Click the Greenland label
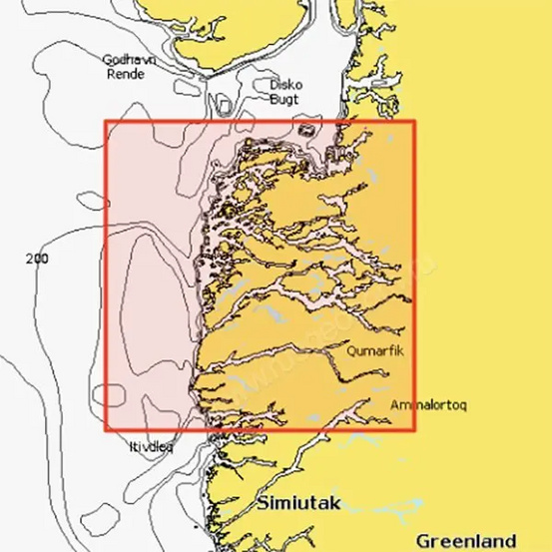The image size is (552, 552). pos(467,539)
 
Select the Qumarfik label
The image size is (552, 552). pos(374,351)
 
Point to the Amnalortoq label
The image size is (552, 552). pos(428,405)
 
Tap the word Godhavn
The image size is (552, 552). pos(128,59)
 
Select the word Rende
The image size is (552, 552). pos(128,73)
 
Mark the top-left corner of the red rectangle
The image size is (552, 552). pos(106,123)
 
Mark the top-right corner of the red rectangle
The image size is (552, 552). pos(414,123)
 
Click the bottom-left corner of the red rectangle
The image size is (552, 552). pos(106,431)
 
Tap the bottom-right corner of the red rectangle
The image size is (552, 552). pos(414,431)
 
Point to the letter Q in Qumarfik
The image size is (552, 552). pos(351,351)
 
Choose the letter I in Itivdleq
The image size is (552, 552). pos(130,448)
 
